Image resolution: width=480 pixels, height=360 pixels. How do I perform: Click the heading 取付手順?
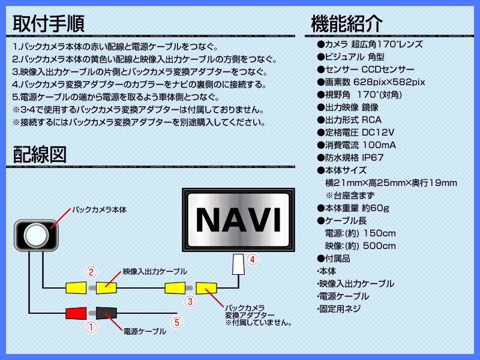tap(49, 24)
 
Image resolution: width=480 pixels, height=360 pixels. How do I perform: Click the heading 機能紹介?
tap(347, 24)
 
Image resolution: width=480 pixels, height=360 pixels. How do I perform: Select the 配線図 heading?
tap(40, 155)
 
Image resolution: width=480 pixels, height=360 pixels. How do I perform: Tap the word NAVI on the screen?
tap(238, 220)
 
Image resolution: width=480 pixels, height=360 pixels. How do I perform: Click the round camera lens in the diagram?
tap(37, 235)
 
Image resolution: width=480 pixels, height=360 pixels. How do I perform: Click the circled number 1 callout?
tap(91, 328)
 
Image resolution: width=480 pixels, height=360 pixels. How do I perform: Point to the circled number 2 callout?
tap(91, 272)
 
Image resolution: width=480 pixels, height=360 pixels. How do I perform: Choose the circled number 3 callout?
tap(190, 302)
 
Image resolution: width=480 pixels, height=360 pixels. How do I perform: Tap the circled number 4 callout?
tap(252, 260)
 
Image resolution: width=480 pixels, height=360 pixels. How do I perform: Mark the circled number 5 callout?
tap(177, 322)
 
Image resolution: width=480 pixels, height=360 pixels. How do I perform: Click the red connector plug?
tap(76, 313)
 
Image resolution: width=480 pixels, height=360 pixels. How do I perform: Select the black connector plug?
tap(106, 313)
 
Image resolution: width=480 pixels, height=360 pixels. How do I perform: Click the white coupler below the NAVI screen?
tap(238, 265)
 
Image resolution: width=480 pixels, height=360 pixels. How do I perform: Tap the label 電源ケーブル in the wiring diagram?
tap(145, 332)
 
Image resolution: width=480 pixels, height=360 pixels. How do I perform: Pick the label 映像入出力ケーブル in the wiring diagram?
tap(155, 272)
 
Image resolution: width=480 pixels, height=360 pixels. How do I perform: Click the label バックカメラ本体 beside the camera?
tap(99, 210)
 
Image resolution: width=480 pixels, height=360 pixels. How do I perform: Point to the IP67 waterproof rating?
tap(373, 158)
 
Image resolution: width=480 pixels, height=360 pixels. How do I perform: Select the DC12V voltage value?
tap(378, 133)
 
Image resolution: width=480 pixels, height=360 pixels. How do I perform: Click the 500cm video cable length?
tap(379, 246)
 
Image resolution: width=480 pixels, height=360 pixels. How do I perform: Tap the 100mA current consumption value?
tap(379, 145)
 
